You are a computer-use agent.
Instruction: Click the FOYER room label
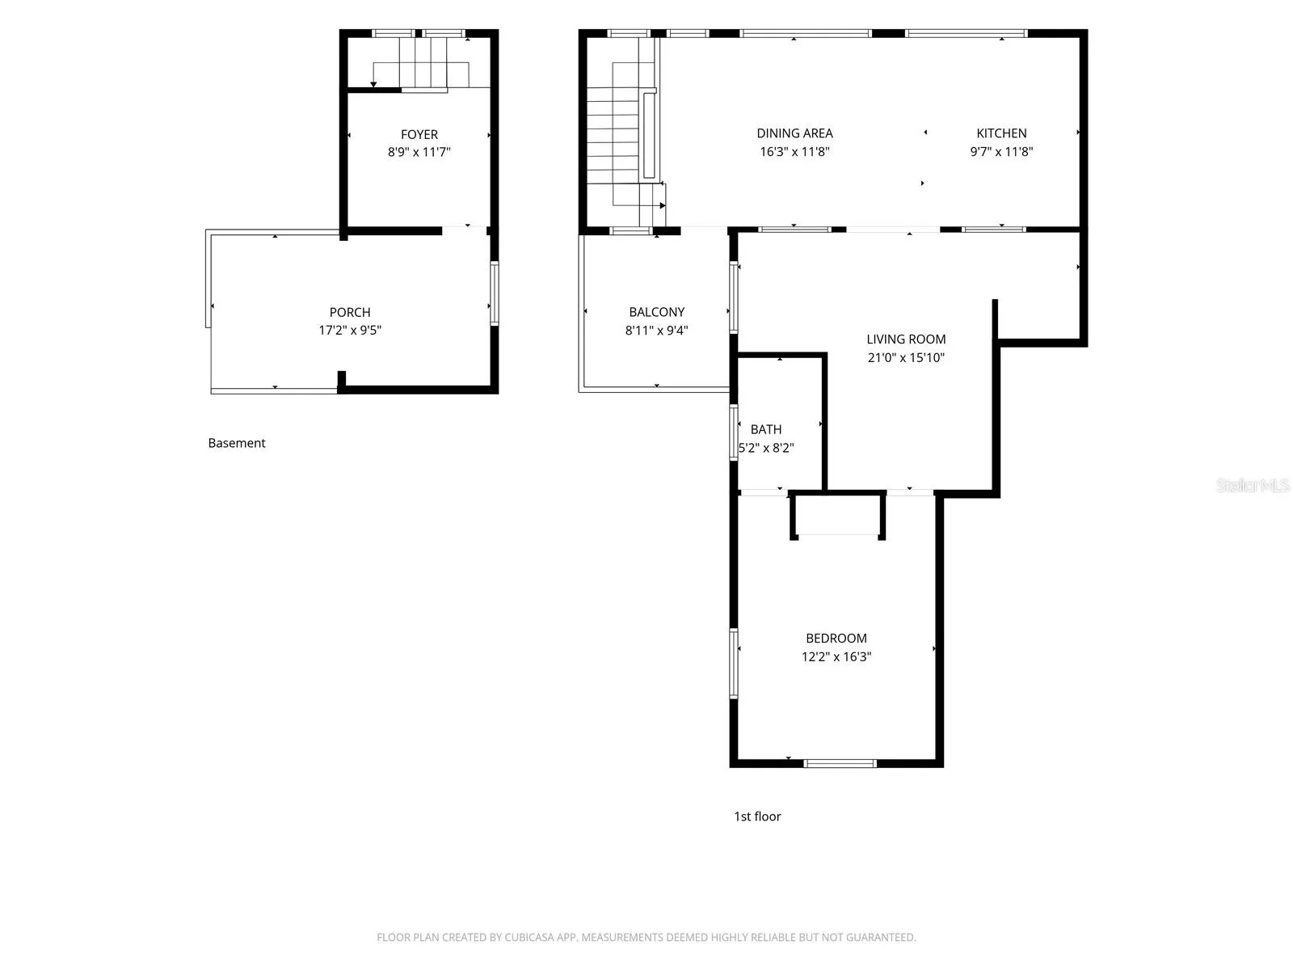point(419,134)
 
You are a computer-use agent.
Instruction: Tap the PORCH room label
point(350,312)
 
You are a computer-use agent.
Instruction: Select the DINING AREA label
point(794,133)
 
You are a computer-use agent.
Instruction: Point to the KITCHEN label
point(1001,133)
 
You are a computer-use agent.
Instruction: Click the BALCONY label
point(657,311)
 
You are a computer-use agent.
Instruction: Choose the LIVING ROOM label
point(906,339)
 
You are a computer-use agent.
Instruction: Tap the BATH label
point(766,429)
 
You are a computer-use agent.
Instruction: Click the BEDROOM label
point(836,638)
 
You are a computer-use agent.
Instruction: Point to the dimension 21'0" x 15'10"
point(906,357)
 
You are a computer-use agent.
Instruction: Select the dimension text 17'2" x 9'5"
point(350,331)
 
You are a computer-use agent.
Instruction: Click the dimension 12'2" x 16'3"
point(836,656)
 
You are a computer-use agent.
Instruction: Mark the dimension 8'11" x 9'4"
point(657,331)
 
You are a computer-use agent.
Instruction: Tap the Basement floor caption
point(237,443)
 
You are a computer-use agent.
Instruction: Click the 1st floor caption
point(757,816)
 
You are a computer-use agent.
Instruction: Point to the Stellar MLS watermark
point(1253,485)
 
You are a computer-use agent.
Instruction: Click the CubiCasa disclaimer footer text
point(646,937)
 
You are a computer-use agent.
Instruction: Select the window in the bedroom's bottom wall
point(840,763)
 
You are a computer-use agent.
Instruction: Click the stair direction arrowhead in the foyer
point(373,85)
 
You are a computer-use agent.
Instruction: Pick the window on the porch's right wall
point(495,293)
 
